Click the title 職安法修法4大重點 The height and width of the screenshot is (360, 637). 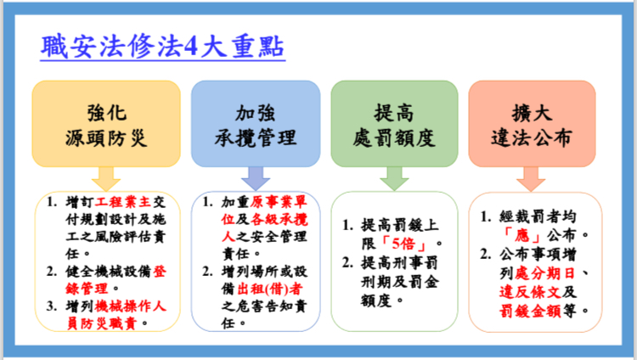pos(162,47)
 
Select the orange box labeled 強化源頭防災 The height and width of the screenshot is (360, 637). pos(106,123)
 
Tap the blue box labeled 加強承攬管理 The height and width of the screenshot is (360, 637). pos(256,123)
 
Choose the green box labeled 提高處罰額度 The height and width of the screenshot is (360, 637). pos(394,123)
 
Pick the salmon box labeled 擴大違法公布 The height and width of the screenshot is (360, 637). pos(532,123)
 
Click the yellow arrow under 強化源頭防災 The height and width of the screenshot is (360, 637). pos(106,179)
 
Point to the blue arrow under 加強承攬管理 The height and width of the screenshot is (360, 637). pos(256,179)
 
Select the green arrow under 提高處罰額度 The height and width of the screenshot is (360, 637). pos(394,179)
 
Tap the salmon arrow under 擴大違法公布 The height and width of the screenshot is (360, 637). pos(531,179)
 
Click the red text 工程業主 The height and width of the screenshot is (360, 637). pos(122,201)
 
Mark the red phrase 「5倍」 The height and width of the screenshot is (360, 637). pos(403,244)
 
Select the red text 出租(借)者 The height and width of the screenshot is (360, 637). pos(270,289)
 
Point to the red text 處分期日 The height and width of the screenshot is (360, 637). pos(544,273)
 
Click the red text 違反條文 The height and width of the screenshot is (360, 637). pos(530,292)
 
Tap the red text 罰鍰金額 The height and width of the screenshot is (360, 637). pos(530,311)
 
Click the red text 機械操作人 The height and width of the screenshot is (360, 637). pos(130,306)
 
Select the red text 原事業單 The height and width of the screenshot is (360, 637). pos(279,201)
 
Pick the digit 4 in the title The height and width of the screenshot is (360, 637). pos(190,47)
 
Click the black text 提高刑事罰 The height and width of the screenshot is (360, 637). pos(400,263)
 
